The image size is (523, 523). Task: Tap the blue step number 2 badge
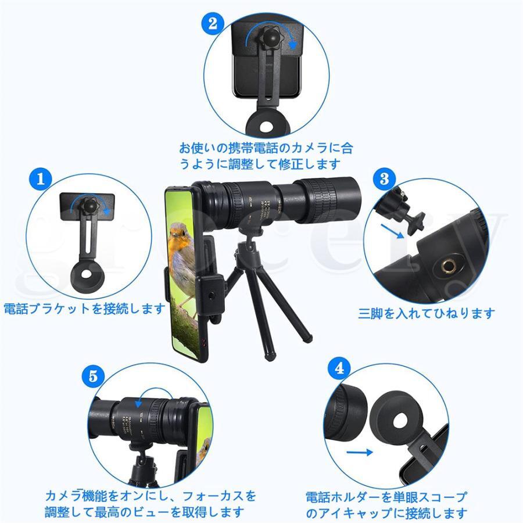pyautogui.click(x=212, y=23)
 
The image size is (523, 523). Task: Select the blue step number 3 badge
pyautogui.click(x=384, y=178)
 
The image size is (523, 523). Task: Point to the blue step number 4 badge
pyautogui.click(x=339, y=368)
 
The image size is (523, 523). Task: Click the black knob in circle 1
pyautogui.click(x=88, y=205)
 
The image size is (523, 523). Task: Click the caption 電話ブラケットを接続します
pyautogui.click(x=85, y=309)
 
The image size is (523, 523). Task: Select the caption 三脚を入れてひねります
pyautogui.click(x=427, y=313)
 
